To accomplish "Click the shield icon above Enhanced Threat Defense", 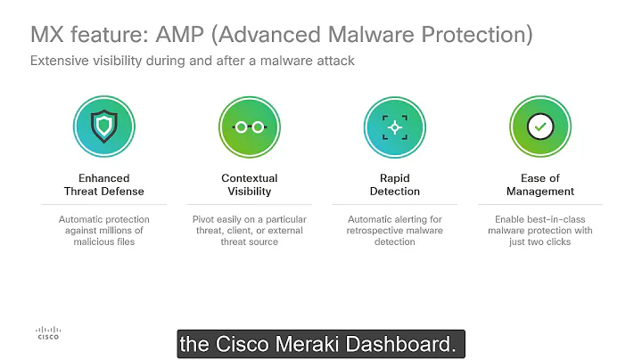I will pos(104,127).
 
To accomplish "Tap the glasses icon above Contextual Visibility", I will pos(250,127).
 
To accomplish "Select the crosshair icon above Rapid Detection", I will pos(394,127).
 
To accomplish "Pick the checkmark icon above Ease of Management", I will pos(539,127).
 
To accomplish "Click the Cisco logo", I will pos(48,331).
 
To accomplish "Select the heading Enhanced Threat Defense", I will pos(104,184).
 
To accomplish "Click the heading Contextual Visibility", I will pos(250,184).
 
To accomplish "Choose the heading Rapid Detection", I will pos(394,184).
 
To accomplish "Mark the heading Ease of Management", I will pos(539,184).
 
